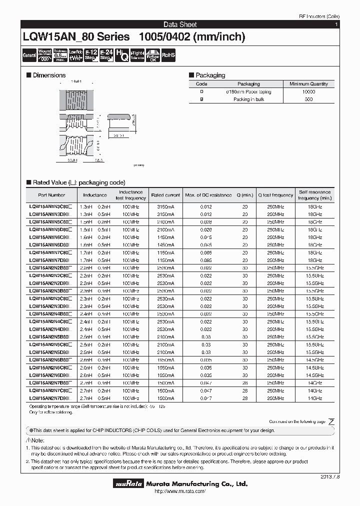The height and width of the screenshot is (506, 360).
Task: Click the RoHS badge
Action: pyautogui.click(x=168, y=55)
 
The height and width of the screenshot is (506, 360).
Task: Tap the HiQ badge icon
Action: pyautogui.click(x=121, y=55)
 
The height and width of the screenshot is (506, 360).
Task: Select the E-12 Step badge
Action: pyautogui.click(x=90, y=55)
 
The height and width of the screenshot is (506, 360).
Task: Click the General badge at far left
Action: pyautogui.click(x=29, y=55)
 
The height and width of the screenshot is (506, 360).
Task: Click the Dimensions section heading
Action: pyautogui.click(x=48, y=75)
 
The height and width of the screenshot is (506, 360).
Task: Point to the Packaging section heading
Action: pyautogui.click(x=210, y=75)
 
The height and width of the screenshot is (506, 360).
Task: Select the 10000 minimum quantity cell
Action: pyautogui.click(x=308, y=92)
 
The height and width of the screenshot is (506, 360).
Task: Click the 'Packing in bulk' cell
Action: pyautogui.click(x=248, y=99)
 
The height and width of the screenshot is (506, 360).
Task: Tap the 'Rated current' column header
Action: pyautogui.click(x=165, y=195)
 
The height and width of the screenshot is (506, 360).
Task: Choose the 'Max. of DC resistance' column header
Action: pyautogui.click(x=208, y=195)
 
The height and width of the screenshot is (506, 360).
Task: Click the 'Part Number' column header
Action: pyautogui.click(x=51, y=195)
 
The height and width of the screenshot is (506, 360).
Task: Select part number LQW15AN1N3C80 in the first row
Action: pyautogui.click(x=50, y=206)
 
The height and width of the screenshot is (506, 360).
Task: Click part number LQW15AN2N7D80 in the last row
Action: pyautogui.click(x=50, y=398)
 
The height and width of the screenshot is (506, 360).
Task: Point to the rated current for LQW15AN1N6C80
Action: pyautogui.click(x=165, y=237)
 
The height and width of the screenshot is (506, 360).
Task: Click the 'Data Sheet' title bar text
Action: pyautogui.click(x=180, y=24)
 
